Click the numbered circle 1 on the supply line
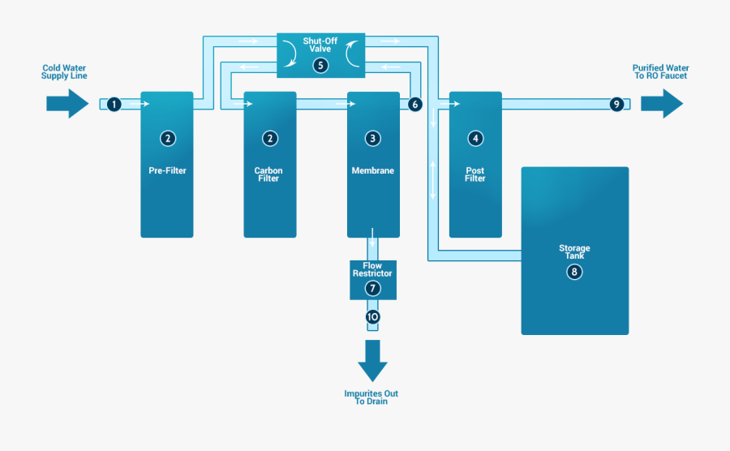pyautogui.click(x=114, y=104)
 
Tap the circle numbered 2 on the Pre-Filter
pyautogui.click(x=167, y=139)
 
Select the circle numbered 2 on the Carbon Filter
pyautogui.click(x=269, y=139)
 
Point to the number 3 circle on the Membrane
pyautogui.click(x=372, y=139)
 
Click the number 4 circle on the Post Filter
pyautogui.click(x=475, y=139)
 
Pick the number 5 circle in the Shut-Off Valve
pyautogui.click(x=320, y=65)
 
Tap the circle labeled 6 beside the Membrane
pyautogui.click(x=415, y=104)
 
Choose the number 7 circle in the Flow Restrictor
pyautogui.click(x=372, y=288)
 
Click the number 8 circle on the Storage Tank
pyautogui.click(x=574, y=272)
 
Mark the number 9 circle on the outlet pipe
pyautogui.click(x=616, y=104)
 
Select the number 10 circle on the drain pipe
pyautogui.click(x=372, y=317)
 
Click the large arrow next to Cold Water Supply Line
pyautogui.click(x=67, y=103)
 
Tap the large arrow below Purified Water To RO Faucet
pyautogui.click(x=661, y=104)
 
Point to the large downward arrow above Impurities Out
pyautogui.click(x=372, y=360)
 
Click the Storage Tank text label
pyautogui.click(x=574, y=251)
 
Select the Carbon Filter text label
pyautogui.click(x=268, y=174)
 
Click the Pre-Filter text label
pyautogui.click(x=167, y=171)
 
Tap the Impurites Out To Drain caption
pyautogui.click(x=371, y=397)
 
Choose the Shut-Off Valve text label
pyautogui.click(x=320, y=44)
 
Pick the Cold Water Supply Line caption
pyautogui.click(x=64, y=72)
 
